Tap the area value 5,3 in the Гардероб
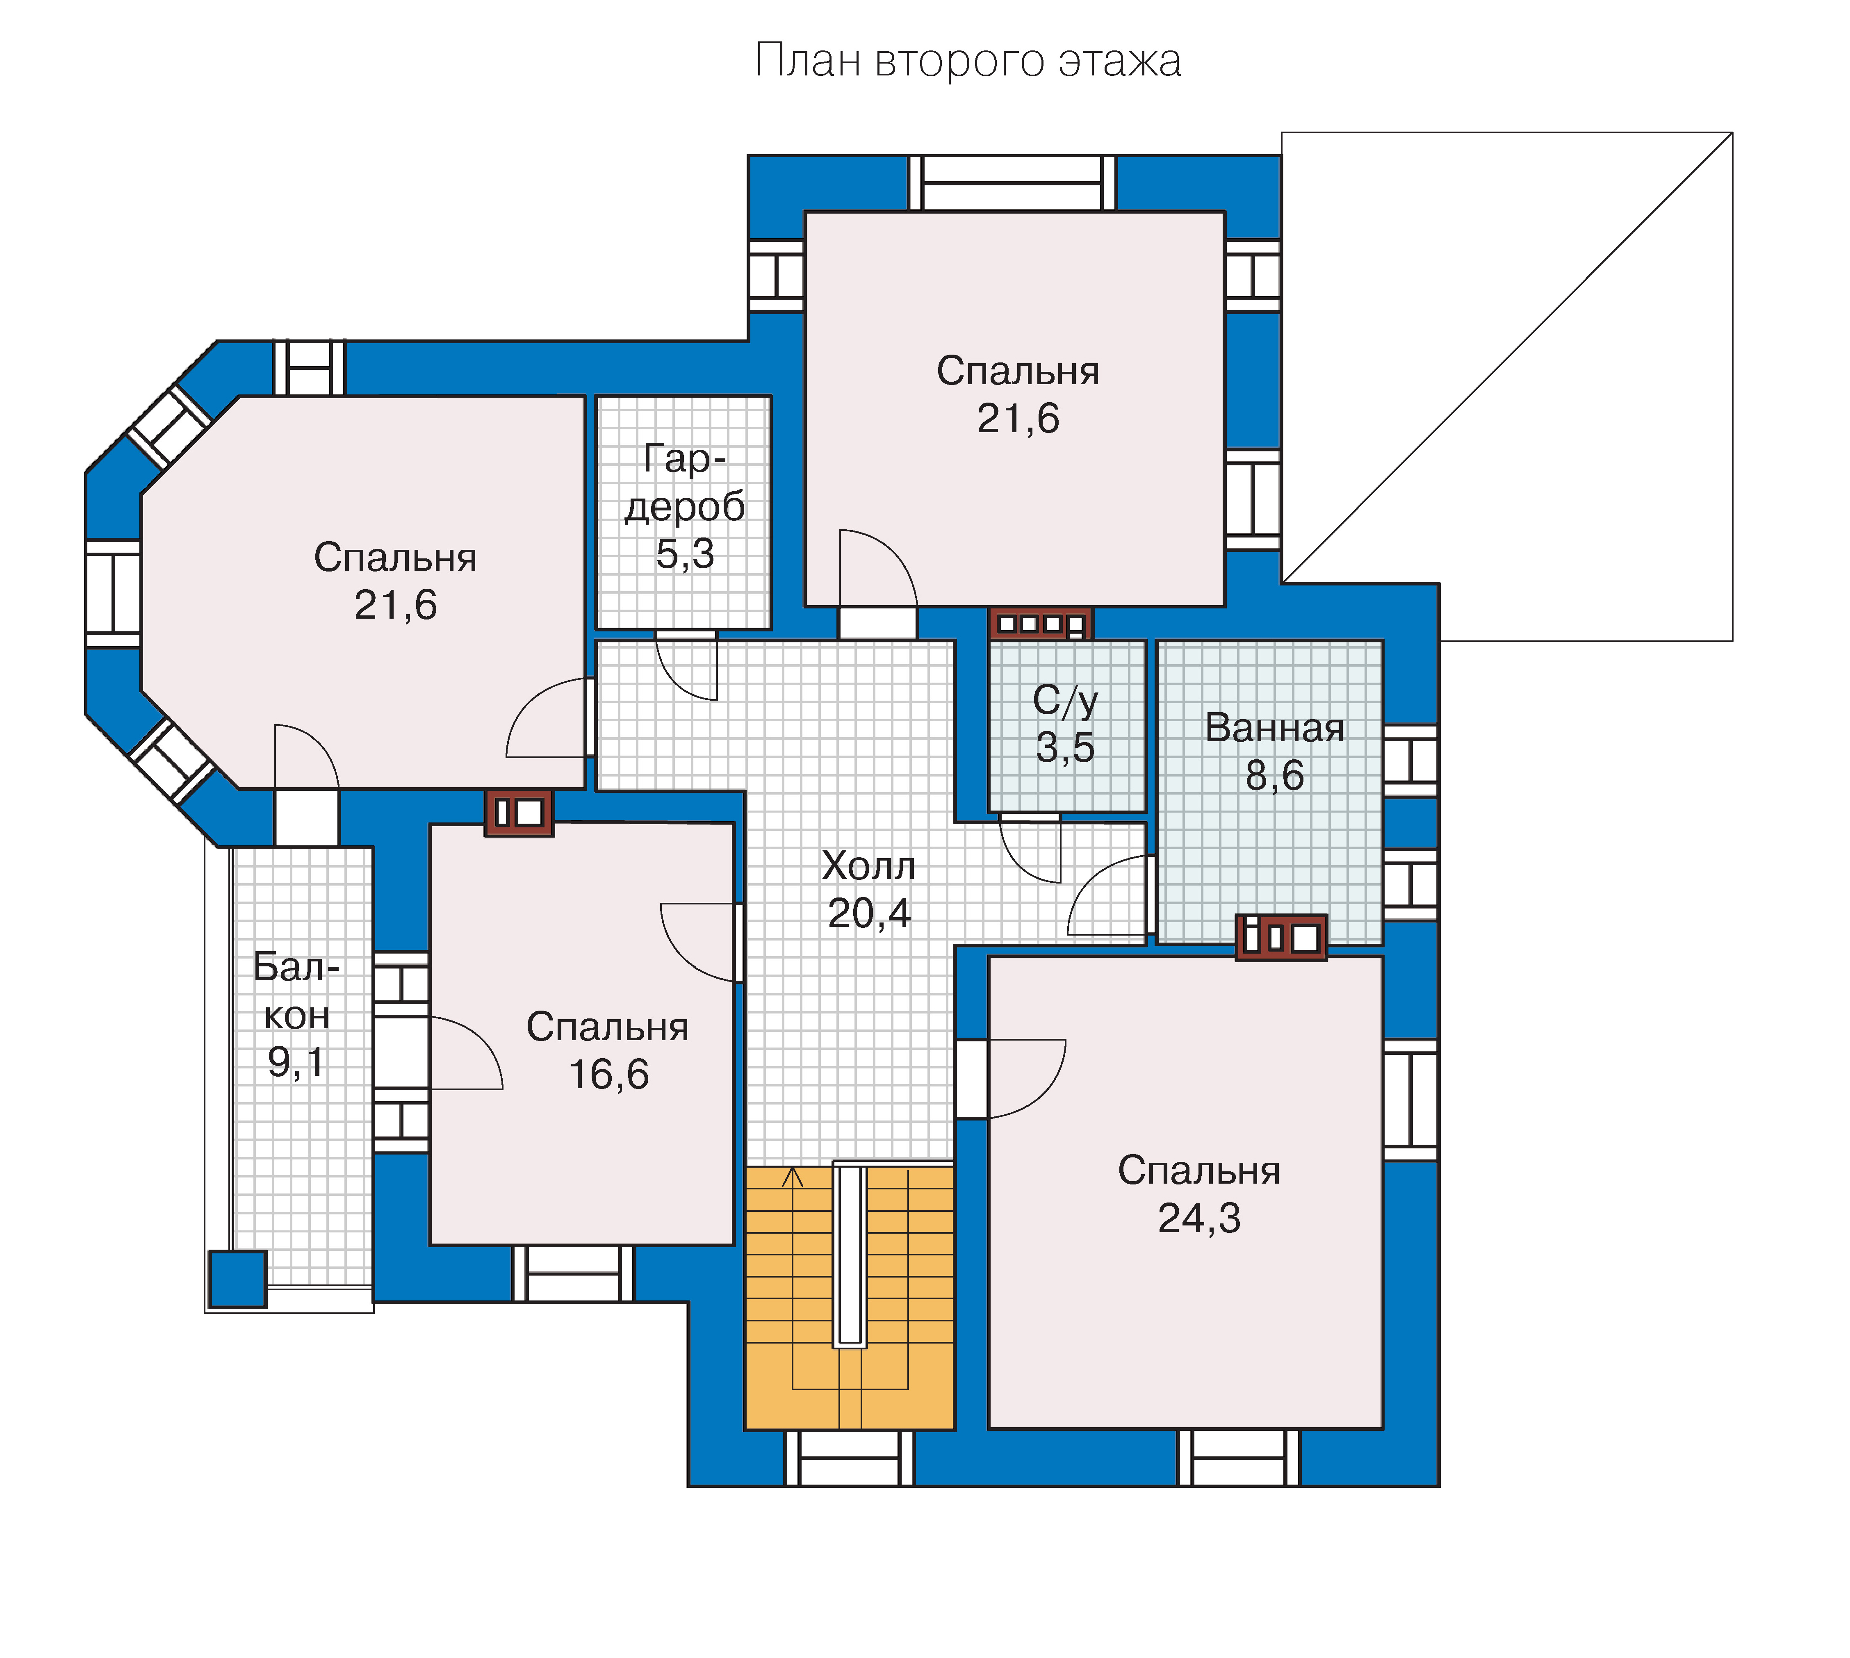(x=685, y=554)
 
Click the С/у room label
(x=1066, y=701)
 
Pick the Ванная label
(x=1274, y=728)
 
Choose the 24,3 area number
(x=1199, y=1218)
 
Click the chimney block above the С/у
(x=1040, y=624)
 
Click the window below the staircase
(x=849, y=1458)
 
